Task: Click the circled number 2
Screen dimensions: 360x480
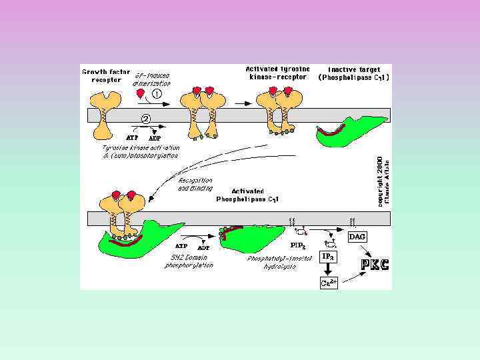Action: click(146, 118)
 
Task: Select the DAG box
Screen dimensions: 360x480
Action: click(357, 237)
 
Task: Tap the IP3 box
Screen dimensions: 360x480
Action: click(329, 257)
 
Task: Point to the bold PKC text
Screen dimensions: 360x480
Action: click(375, 265)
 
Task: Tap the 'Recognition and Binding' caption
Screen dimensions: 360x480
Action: click(195, 184)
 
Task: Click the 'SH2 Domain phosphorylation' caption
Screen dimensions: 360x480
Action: click(189, 261)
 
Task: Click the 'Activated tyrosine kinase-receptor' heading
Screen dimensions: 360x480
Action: click(276, 72)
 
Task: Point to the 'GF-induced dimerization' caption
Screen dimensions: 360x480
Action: click(153, 79)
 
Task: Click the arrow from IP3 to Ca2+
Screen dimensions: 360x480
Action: click(329, 269)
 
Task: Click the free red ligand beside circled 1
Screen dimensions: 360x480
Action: click(141, 94)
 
